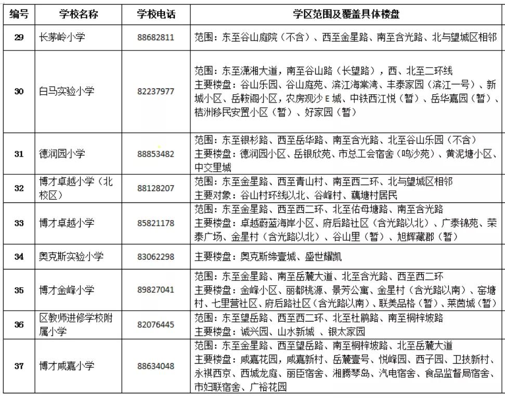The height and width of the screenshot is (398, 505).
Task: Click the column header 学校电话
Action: pos(156,15)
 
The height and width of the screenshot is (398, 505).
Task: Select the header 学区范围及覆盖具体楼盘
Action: pos(346,15)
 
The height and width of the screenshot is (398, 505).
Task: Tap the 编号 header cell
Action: pos(19,15)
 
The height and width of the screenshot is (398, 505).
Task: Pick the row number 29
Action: pos(19,38)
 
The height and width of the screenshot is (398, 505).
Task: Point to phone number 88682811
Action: pos(156,38)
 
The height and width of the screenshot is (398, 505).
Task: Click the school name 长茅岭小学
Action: pos(62,38)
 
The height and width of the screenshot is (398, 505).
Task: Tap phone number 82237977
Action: pos(156,91)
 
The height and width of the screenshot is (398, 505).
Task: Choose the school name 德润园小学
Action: pos(62,154)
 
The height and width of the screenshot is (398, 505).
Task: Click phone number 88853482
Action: pos(156,154)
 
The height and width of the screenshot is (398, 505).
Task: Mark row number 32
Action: pos(19,188)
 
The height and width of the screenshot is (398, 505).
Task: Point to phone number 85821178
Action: pos(156,223)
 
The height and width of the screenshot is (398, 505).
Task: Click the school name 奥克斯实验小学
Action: pos(71,256)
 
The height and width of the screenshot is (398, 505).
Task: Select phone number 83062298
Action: pos(156,256)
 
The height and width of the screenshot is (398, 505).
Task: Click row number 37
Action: pos(19,366)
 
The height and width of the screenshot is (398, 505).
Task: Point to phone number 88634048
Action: pos(156,366)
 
